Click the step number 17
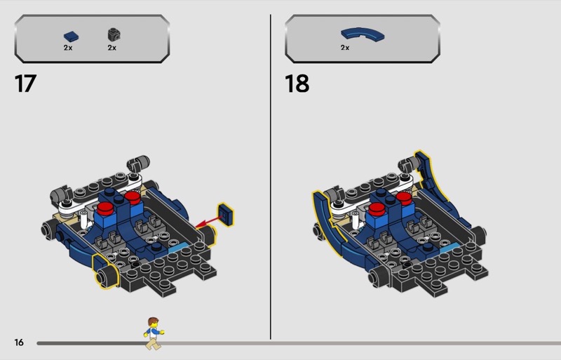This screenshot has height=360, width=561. coord(25,84)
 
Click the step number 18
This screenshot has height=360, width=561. coord(297,84)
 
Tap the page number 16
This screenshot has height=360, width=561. coord(19,342)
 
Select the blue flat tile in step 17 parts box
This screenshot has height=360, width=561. coord(72,36)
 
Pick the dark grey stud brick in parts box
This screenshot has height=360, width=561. coord(114,34)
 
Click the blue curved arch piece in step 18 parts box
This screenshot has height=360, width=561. coord(363,34)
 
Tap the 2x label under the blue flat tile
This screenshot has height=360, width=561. coord(68,48)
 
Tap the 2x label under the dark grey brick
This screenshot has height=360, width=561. coord(112,48)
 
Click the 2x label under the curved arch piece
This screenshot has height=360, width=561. coord(345,48)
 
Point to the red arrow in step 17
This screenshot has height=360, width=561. coord(208,222)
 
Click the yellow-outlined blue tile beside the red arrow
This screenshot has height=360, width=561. coord(226,215)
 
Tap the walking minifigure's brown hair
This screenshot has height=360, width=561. coord(153,321)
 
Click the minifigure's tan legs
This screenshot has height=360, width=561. coord(154,344)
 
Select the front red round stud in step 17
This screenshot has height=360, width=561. coord(104,208)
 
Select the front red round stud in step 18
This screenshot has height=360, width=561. coord(377,209)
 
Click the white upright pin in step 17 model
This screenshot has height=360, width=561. coord(83,219)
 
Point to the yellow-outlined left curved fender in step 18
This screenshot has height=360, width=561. coord(327,217)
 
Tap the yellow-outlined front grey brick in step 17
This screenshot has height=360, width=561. coord(106,271)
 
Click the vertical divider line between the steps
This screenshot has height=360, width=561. coord(271,177)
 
